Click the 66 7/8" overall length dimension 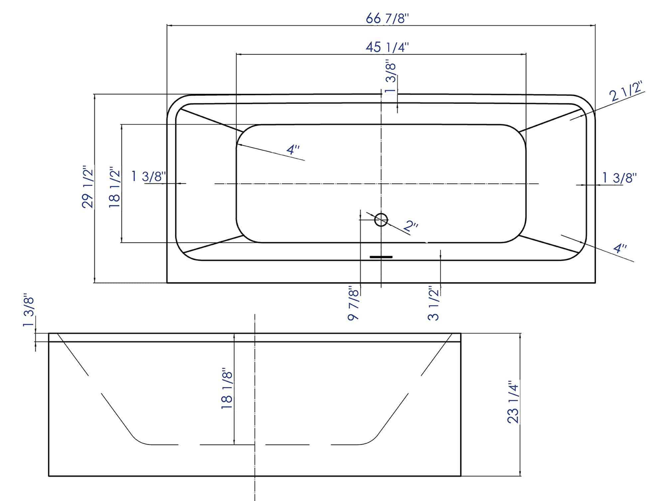tap(387, 18)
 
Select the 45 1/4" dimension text tap(387, 47)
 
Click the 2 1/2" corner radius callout tap(626, 92)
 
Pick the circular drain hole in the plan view tap(381, 220)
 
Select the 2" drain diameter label tap(411, 227)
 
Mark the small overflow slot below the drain tap(381, 257)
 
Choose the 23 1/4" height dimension tap(513, 402)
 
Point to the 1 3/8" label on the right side tap(620, 178)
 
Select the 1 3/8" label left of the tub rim tap(149, 176)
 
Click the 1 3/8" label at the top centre tap(391, 77)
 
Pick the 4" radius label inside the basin tap(293, 150)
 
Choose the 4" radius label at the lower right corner tap(620, 248)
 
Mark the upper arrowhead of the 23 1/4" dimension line tap(520, 336)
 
